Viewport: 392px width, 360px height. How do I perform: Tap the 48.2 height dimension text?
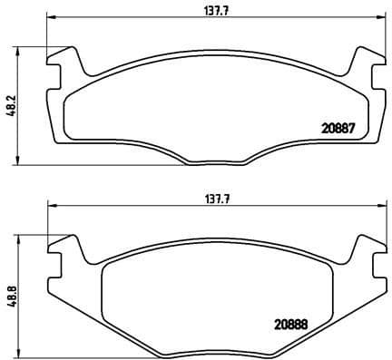12,106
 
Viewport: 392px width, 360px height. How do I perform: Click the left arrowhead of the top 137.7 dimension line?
51,17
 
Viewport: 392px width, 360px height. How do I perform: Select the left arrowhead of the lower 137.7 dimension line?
51,206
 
